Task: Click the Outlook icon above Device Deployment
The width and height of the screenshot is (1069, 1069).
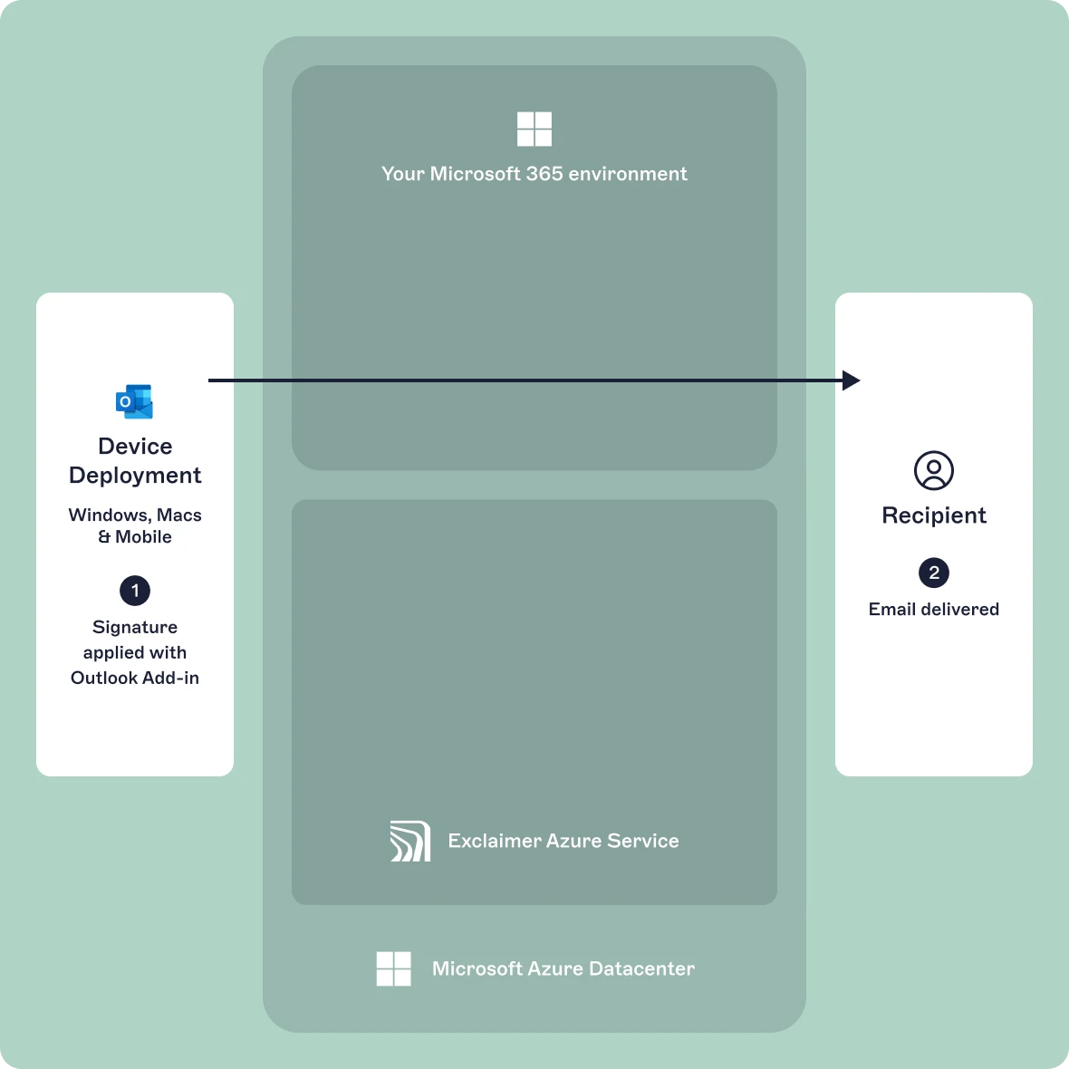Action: click(135, 402)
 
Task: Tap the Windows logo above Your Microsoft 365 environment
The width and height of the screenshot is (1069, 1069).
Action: click(534, 130)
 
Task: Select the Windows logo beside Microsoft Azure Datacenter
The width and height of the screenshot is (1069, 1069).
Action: click(394, 968)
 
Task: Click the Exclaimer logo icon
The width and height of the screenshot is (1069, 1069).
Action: click(409, 841)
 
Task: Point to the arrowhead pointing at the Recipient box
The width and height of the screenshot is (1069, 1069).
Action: click(851, 380)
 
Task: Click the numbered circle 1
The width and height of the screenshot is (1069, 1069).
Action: click(135, 591)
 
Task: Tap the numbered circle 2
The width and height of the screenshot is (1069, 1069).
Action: click(934, 573)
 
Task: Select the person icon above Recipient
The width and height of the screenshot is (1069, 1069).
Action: click(934, 471)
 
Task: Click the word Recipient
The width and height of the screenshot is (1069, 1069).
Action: click(934, 515)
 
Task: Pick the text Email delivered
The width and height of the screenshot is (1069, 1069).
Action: click(934, 610)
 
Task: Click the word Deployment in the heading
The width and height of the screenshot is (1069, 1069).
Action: click(135, 476)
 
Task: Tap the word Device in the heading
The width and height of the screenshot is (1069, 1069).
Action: click(135, 447)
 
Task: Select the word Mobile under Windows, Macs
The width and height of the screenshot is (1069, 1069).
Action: click(143, 537)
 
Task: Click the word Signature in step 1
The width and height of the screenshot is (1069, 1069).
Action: click(135, 627)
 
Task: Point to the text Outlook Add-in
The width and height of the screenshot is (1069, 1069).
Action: click(135, 678)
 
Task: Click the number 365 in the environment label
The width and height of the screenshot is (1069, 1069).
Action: click(544, 174)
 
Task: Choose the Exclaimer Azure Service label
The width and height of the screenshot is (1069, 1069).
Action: click(563, 841)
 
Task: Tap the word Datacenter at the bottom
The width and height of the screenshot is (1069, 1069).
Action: click(641, 968)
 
